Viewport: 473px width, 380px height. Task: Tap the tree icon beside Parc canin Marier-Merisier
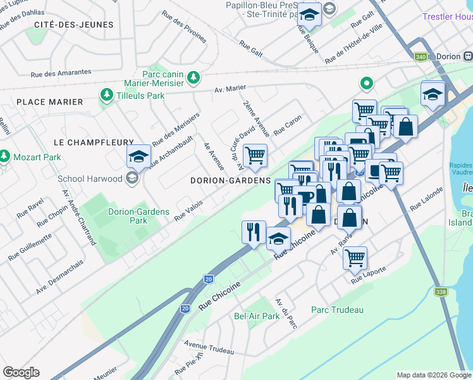click(194, 78)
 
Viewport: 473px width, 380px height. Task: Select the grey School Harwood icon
click(132, 179)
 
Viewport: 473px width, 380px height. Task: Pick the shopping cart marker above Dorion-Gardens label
click(255, 155)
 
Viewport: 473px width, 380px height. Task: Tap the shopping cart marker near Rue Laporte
click(355, 257)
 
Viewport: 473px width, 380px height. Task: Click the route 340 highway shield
click(420, 57)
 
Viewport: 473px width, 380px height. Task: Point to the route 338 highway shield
click(441, 292)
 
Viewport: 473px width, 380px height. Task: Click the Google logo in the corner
click(21, 372)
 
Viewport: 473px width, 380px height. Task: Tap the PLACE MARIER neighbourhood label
click(50, 102)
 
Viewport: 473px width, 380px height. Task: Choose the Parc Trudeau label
click(337, 310)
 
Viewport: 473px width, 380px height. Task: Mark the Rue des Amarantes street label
click(56, 74)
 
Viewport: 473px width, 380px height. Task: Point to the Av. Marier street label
click(230, 90)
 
